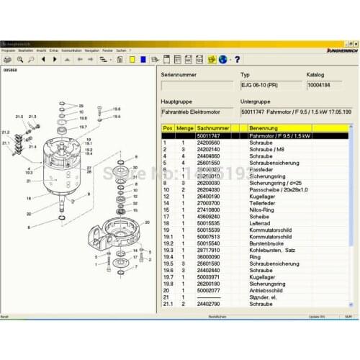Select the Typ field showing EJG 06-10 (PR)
(x=271, y=86)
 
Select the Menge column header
(x=185, y=128)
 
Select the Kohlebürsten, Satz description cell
(x=270, y=250)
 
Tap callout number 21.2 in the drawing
(x=6, y=132)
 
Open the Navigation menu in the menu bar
(x=91, y=51)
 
